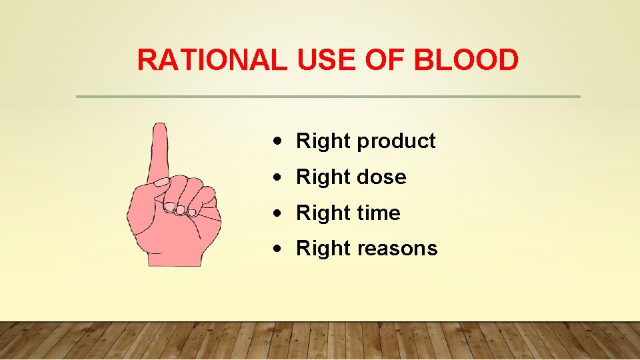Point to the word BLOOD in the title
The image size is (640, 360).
click(466, 60)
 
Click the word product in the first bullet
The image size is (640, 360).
click(396, 141)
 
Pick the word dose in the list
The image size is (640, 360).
click(381, 177)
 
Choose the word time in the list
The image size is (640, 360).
click(379, 213)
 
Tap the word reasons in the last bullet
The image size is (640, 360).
click(397, 249)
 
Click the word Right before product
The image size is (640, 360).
click(323, 141)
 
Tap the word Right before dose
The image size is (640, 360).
click(323, 177)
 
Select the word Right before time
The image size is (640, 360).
click(323, 213)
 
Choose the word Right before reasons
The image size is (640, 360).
click(323, 249)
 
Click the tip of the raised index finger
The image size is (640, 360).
click(159, 128)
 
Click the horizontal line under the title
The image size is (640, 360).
click(328, 97)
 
